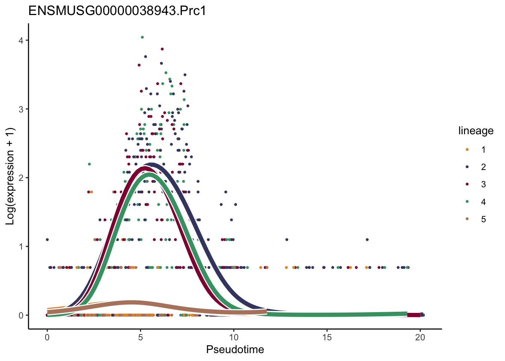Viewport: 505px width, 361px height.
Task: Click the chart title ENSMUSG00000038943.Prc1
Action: click(117, 11)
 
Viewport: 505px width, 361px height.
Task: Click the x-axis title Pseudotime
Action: click(235, 350)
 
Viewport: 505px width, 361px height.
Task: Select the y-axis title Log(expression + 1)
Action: click(10, 176)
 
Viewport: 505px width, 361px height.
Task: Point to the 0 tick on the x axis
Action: click(47, 338)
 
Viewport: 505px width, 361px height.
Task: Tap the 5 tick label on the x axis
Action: click(141, 338)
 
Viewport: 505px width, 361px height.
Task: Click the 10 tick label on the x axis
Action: click(234, 338)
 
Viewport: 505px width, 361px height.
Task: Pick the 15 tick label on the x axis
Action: click(327, 338)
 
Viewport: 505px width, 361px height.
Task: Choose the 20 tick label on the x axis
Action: click(420, 338)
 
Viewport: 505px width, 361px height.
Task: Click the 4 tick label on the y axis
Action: click(21, 40)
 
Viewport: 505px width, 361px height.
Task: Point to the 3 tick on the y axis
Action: click(21, 109)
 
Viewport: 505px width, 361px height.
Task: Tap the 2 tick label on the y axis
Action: click(21, 178)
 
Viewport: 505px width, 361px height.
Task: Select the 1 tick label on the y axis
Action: click(21, 247)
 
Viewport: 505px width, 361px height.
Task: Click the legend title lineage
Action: click(476, 131)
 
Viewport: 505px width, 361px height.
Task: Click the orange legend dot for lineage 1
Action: click(467, 150)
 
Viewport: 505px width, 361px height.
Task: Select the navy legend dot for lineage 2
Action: click(467, 167)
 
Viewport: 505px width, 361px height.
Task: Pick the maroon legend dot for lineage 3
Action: click(467, 184)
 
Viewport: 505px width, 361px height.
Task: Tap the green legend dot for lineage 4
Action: click(467, 202)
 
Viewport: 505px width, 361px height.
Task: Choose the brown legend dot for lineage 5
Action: click(467, 219)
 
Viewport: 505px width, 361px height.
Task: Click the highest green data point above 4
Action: click(142, 37)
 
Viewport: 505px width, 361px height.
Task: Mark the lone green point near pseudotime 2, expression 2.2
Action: click(89, 164)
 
